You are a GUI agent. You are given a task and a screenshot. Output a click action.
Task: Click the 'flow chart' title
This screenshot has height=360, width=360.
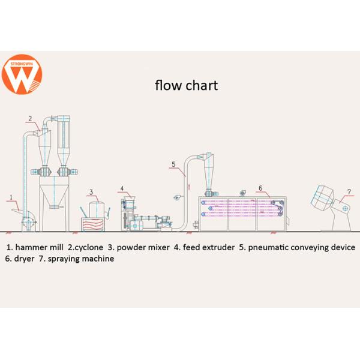pyautogui.click(x=186, y=85)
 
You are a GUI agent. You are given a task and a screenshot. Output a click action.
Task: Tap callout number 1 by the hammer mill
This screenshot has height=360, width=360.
pyautogui.click(x=11, y=197)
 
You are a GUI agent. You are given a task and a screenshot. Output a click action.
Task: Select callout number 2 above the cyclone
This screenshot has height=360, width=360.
pyautogui.click(x=29, y=118)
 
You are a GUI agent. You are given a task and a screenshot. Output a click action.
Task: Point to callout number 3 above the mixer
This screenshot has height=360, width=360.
pyautogui.click(x=91, y=193)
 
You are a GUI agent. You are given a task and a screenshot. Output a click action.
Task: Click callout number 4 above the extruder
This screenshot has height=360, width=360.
pyautogui.click(x=122, y=188)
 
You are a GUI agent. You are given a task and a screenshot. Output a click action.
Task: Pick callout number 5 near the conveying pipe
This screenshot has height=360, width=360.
pyautogui.click(x=173, y=164)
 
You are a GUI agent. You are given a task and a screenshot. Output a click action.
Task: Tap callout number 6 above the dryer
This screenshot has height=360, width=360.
pyautogui.click(x=260, y=188)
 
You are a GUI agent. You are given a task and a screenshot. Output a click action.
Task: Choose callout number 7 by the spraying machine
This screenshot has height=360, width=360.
pyautogui.click(x=349, y=193)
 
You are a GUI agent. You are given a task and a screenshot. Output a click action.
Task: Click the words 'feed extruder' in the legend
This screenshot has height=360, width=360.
pyautogui.click(x=208, y=247)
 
